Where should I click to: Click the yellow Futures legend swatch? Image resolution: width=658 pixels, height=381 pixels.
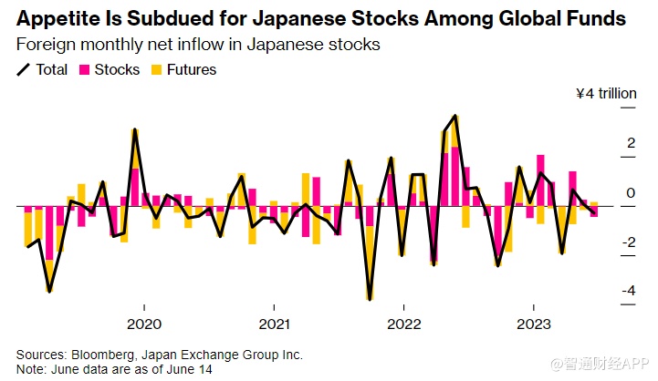click(157, 69)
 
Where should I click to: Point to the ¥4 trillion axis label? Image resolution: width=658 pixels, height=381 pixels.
click(604, 93)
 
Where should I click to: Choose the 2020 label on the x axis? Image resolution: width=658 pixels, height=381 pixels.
click(144, 324)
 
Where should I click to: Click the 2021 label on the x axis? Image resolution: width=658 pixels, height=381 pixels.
click(274, 324)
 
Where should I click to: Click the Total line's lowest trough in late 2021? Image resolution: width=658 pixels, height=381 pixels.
click(370, 298)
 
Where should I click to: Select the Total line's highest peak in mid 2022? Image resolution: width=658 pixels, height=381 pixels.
click(454, 117)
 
